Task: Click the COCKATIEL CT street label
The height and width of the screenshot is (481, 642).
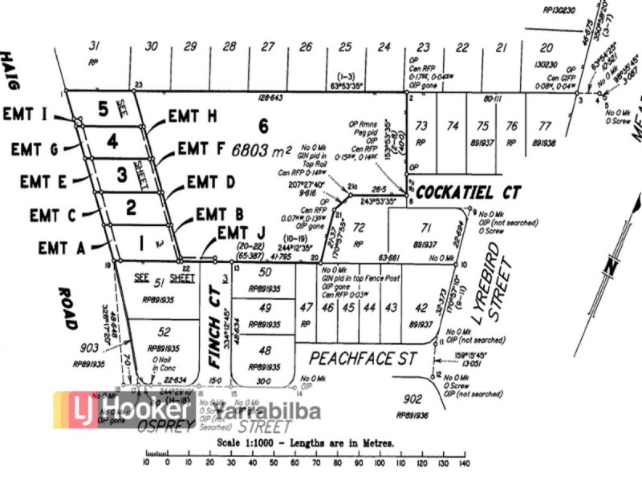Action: pyautogui.click(x=469, y=192)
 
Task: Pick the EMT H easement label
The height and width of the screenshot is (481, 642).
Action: pyautogui.click(x=193, y=117)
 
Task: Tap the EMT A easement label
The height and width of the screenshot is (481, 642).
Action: pyautogui.click(x=60, y=248)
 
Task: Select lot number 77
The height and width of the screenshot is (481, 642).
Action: pyautogui.click(x=545, y=125)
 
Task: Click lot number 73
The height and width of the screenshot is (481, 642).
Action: pyautogui.click(x=421, y=125)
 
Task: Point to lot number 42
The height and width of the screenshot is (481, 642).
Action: pyautogui.click(x=421, y=307)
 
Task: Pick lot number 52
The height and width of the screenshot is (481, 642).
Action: pyautogui.click(x=165, y=332)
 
